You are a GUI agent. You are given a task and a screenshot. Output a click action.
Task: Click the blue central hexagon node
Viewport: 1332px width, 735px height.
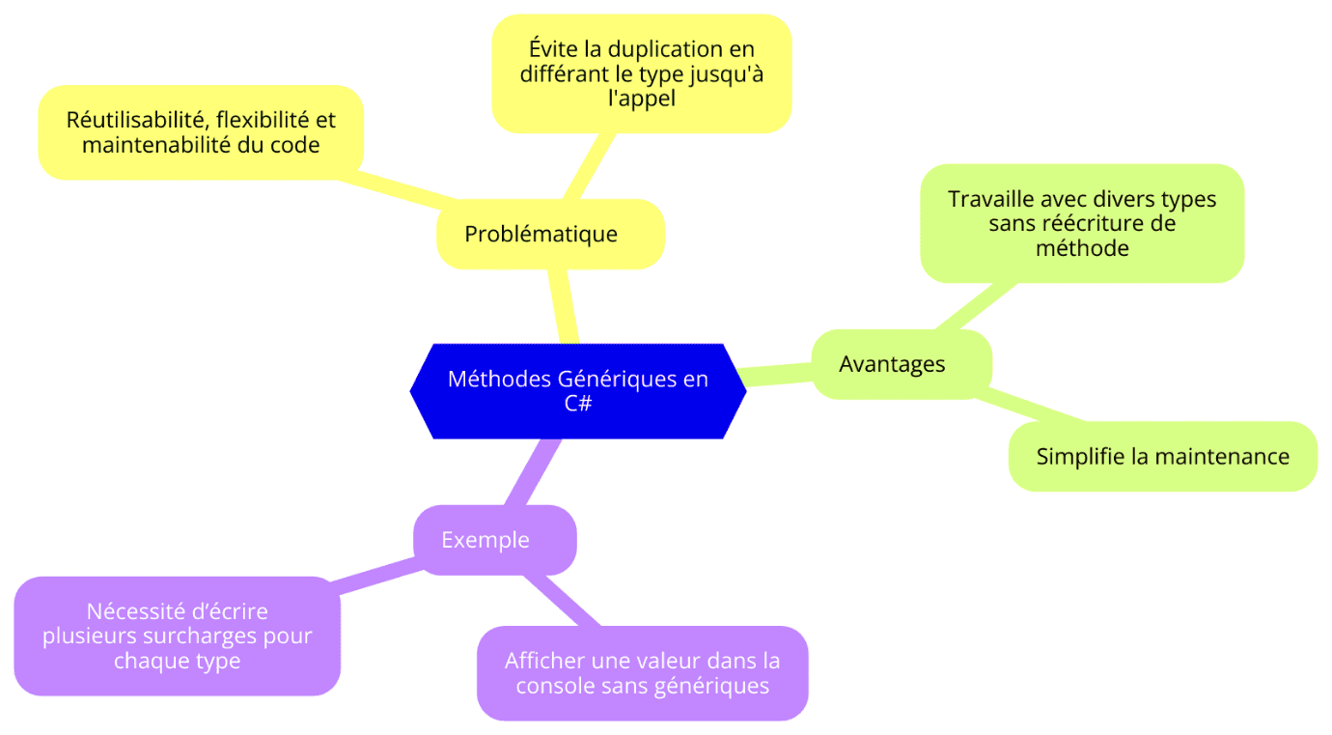[x=578, y=391]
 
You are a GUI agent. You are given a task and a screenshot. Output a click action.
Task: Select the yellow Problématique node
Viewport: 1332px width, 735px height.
[x=550, y=234]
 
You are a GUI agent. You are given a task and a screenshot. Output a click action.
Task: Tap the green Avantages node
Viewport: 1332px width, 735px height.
[x=902, y=364]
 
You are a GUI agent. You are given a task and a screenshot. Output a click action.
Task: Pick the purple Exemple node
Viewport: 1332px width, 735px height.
[x=495, y=540]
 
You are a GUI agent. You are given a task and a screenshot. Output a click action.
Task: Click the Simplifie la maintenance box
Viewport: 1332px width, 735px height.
[x=1162, y=457]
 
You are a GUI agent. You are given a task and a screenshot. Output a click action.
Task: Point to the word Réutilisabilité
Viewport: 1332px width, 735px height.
[x=135, y=120]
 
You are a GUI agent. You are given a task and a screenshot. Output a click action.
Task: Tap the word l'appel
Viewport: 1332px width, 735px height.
[x=642, y=99]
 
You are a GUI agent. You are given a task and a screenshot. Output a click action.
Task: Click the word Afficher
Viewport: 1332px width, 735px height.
[x=543, y=661]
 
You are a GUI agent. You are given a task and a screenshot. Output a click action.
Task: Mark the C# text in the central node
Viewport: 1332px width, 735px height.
[x=578, y=404]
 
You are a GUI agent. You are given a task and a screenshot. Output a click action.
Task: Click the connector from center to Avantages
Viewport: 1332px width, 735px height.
[x=775, y=375]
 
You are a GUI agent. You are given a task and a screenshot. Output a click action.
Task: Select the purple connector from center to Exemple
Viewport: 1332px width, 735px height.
[x=533, y=473]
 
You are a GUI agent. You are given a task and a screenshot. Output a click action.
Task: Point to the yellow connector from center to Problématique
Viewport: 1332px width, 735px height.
[x=563, y=306]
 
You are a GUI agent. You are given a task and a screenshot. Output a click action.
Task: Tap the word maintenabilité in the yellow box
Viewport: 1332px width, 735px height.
[x=155, y=145]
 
